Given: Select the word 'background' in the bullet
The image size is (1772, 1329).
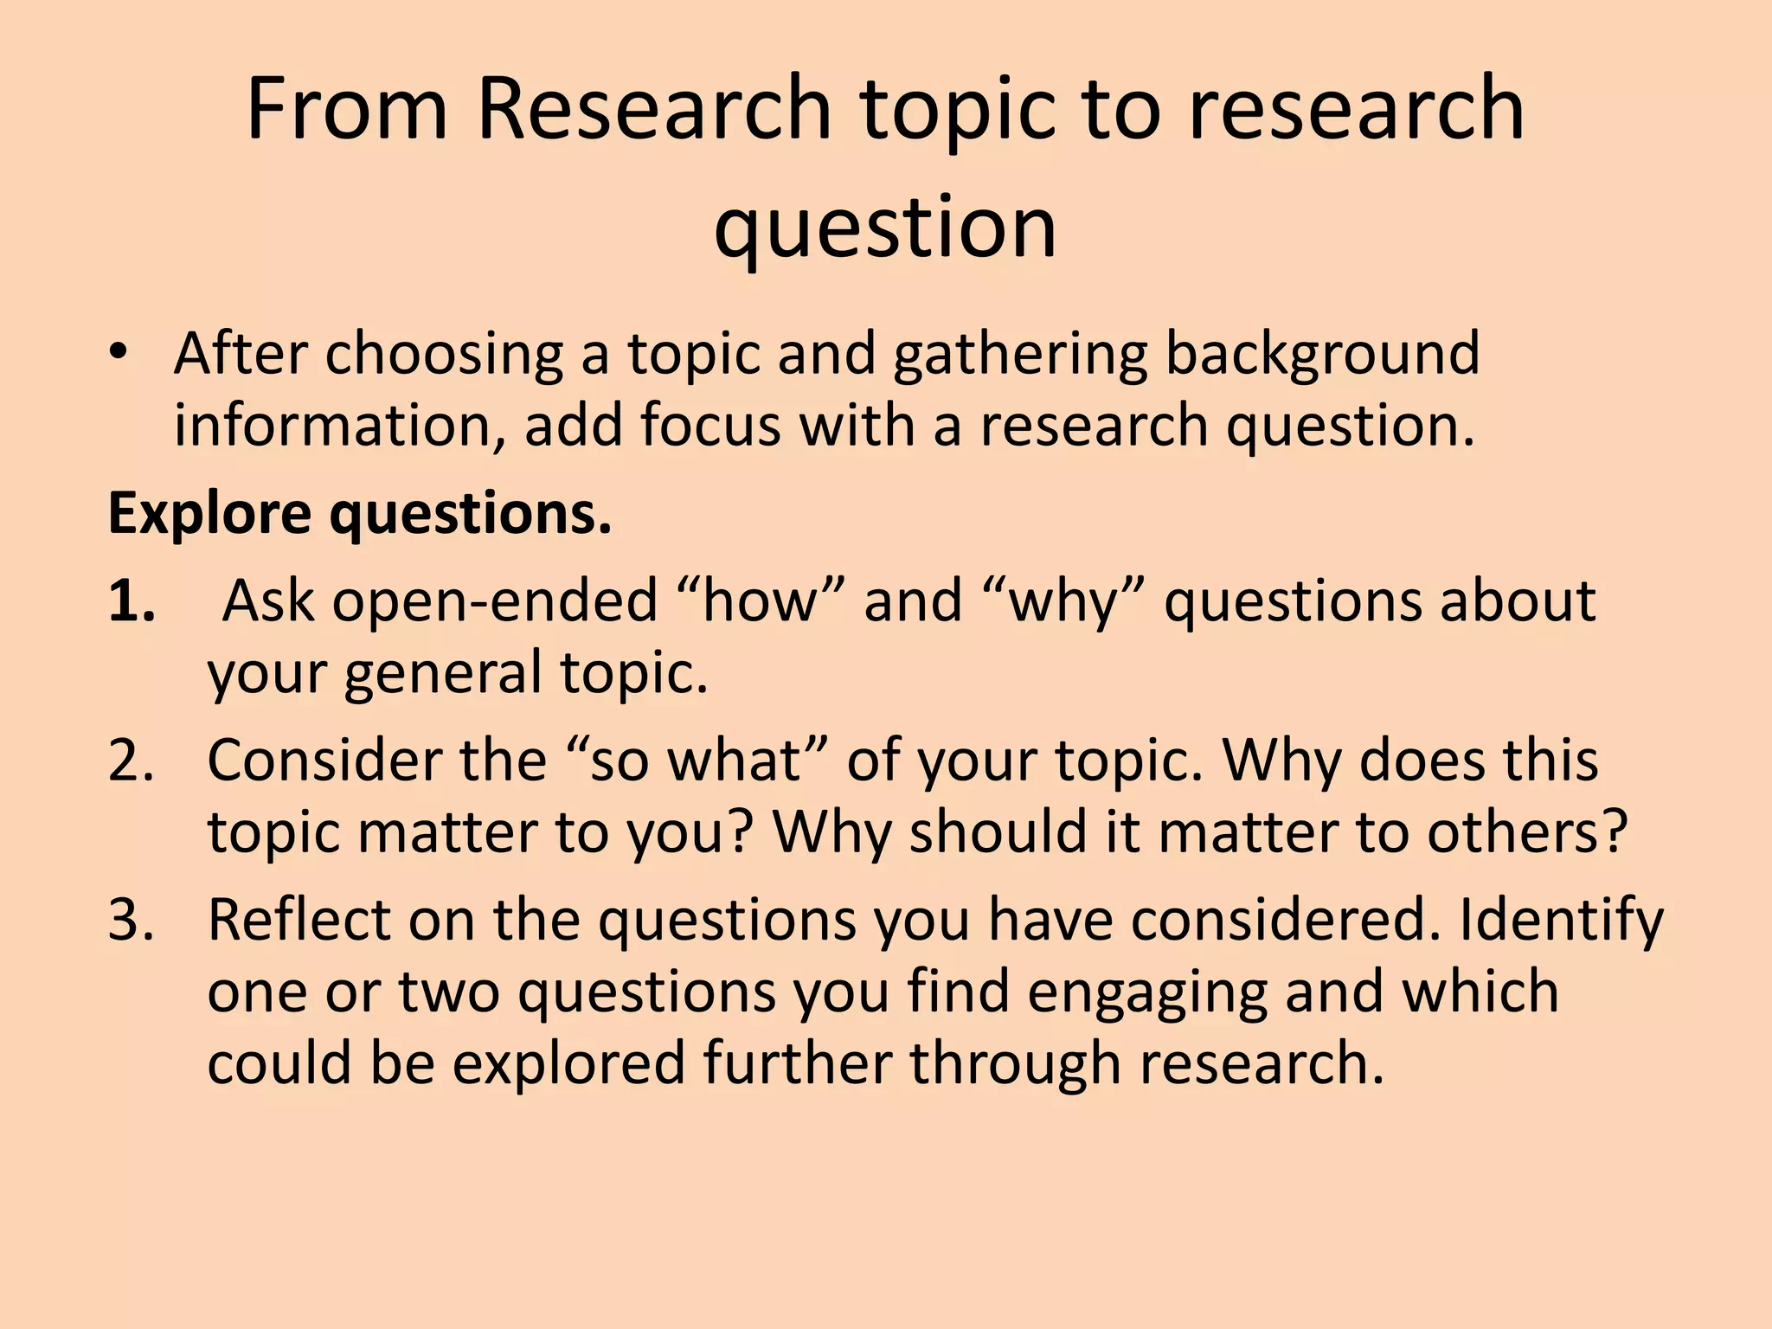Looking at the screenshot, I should pos(1322,355).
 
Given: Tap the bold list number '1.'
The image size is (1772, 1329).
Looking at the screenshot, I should pos(132,600).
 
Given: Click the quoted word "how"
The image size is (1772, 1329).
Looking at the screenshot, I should pos(760,600).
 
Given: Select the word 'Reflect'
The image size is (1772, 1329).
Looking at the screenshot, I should pos(299,920).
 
